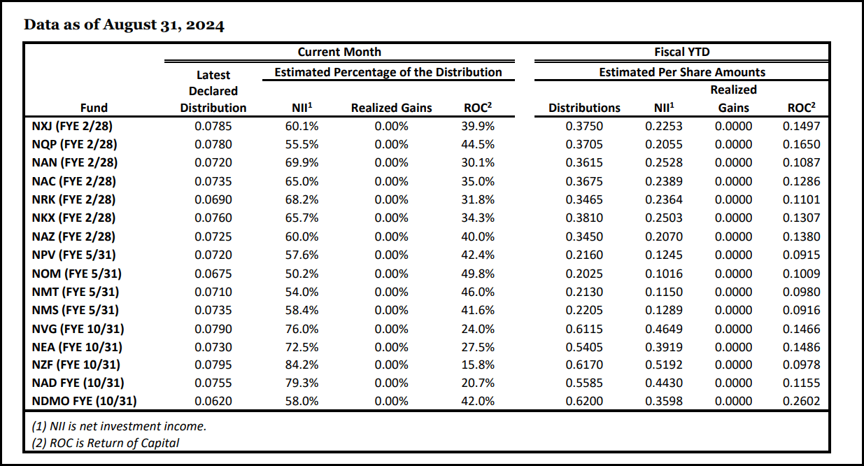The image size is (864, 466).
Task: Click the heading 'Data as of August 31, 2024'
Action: (x=124, y=25)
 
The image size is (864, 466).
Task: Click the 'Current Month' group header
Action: (x=339, y=52)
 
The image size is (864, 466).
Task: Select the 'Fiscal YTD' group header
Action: (x=681, y=52)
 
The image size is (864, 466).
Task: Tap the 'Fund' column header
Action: (x=94, y=108)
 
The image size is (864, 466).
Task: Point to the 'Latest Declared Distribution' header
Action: (x=213, y=91)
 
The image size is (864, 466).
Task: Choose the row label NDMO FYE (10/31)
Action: (x=84, y=401)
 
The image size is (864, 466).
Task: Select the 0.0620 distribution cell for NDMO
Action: (x=213, y=401)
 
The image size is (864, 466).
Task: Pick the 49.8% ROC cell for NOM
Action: (x=479, y=273)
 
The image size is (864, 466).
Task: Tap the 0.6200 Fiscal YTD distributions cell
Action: (x=584, y=401)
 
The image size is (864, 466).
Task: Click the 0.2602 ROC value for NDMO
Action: (x=802, y=401)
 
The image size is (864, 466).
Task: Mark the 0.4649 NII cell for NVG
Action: (x=664, y=328)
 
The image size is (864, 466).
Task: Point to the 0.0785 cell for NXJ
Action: (x=213, y=126)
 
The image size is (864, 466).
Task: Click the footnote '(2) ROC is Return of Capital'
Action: (x=105, y=442)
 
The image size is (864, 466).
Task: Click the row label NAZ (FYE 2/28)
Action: (x=73, y=236)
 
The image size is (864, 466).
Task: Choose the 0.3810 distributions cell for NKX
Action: (x=584, y=218)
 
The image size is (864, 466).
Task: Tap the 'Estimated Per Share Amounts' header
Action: (x=681, y=72)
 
